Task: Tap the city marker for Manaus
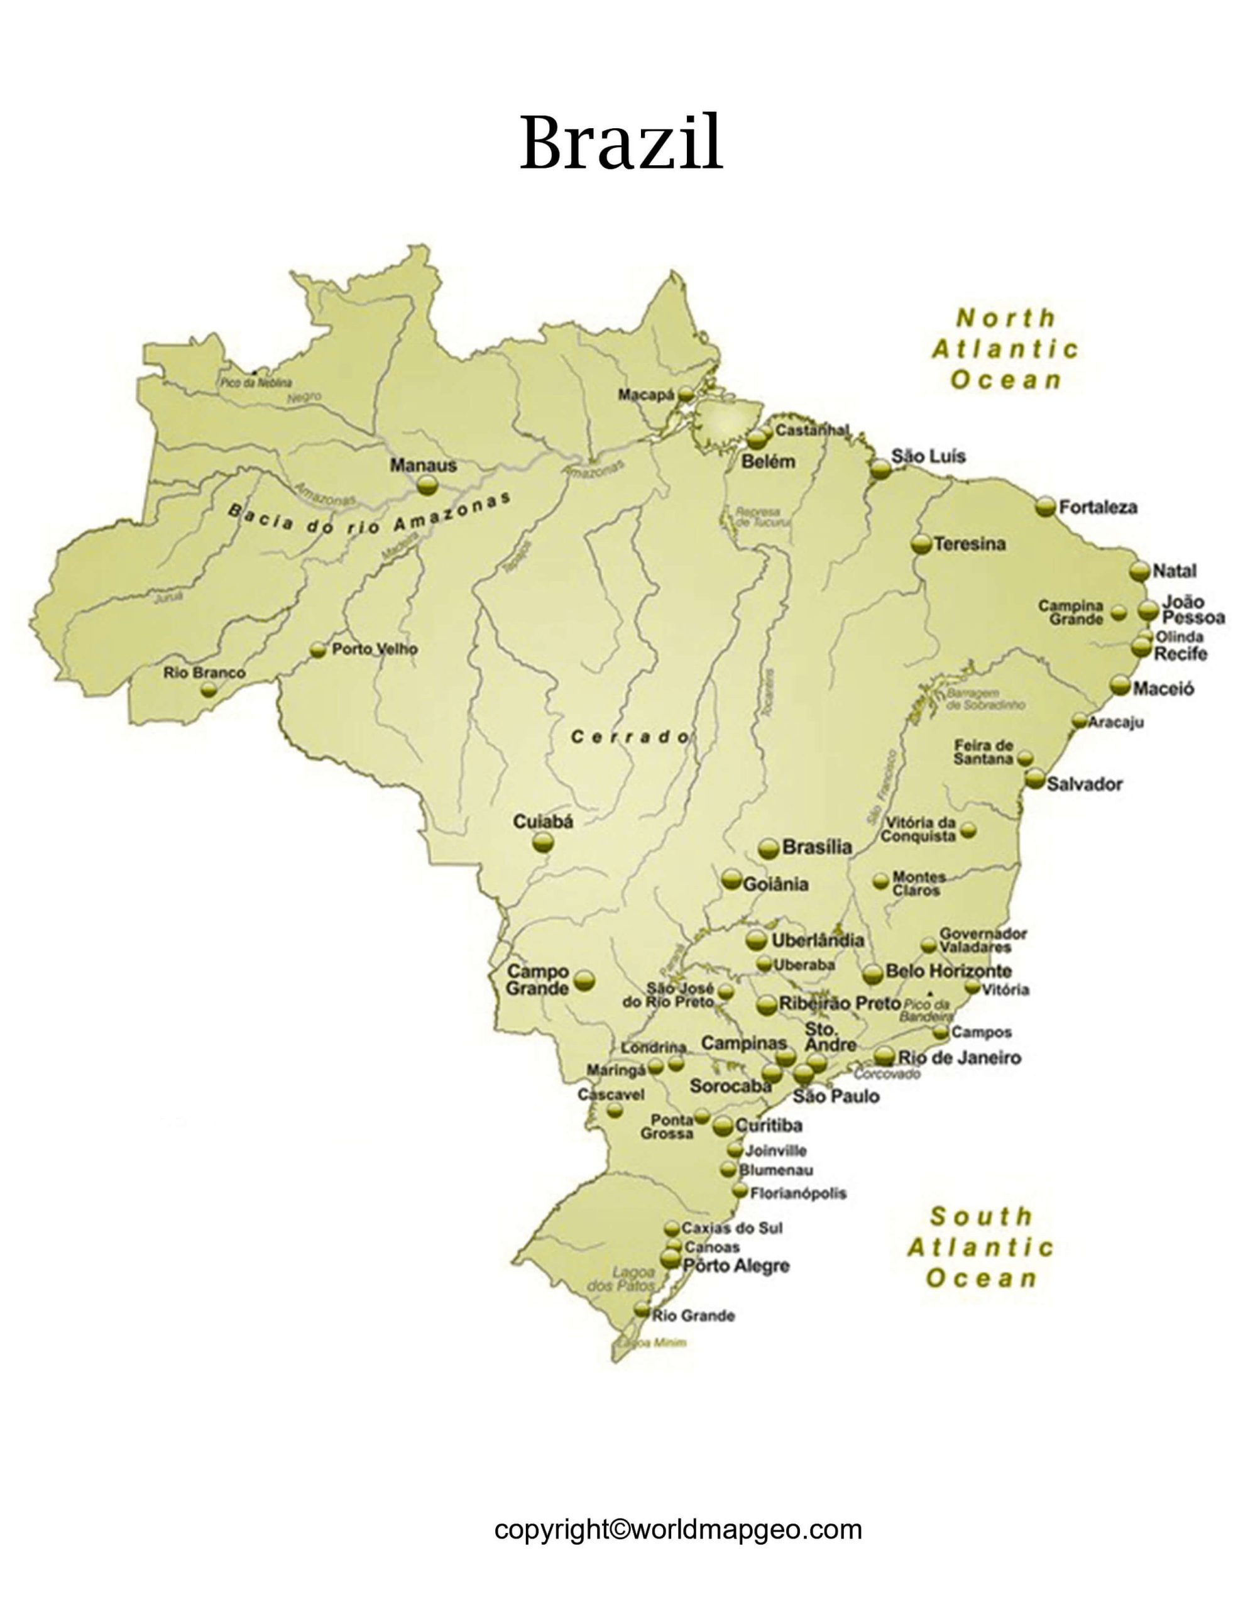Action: [427, 485]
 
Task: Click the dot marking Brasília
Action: [769, 848]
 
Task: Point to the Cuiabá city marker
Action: [543, 842]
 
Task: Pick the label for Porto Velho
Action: [375, 649]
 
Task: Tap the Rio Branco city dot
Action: [209, 689]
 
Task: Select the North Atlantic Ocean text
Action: [1005, 349]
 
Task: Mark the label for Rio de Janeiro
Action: [958, 1058]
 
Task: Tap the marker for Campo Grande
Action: [584, 980]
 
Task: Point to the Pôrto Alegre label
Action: [735, 1266]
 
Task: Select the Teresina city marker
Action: [920, 544]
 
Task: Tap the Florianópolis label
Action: [797, 1193]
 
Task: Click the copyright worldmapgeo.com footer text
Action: [678, 1529]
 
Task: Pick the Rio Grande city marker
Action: [642, 1309]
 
